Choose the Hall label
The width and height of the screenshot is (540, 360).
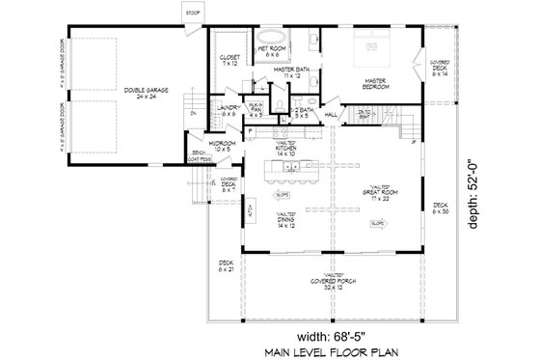(331, 114)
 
